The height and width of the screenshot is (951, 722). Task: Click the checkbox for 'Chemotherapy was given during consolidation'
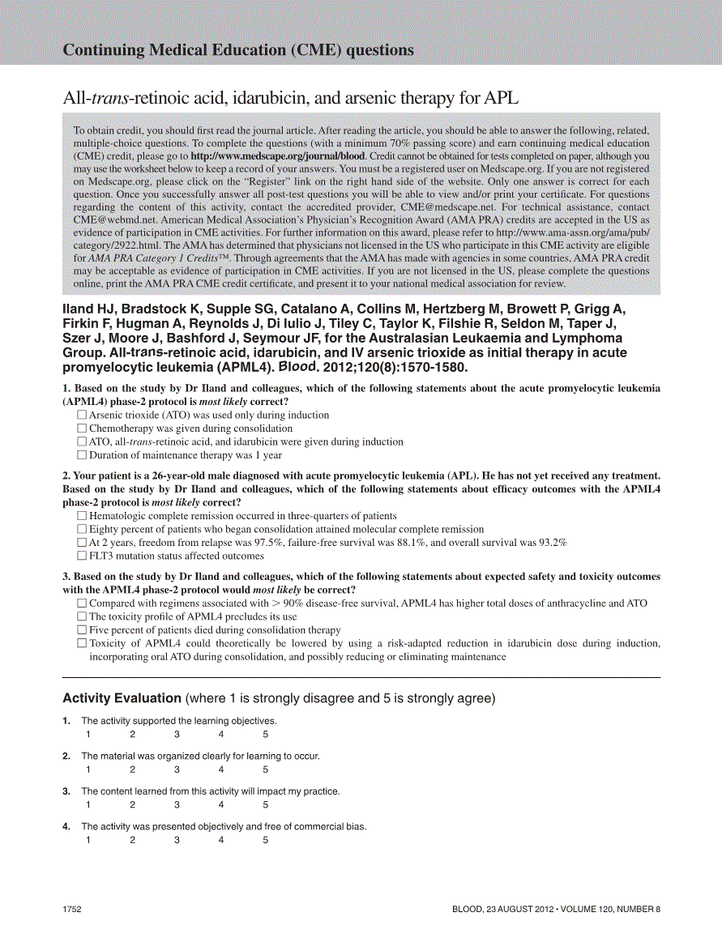[81, 429]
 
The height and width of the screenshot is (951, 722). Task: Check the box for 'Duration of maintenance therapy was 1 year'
[81, 455]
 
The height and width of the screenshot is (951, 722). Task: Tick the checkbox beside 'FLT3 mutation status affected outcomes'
[81, 556]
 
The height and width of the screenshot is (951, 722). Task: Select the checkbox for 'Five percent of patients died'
[81, 629]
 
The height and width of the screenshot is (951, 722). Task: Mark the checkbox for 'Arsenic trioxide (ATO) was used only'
[81, 415]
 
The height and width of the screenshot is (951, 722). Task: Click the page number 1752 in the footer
[73, 910]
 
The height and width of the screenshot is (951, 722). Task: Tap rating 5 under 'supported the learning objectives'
[265, 735]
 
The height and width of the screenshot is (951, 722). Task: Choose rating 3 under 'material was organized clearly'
[177, 770]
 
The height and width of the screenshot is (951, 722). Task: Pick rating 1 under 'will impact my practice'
[88, 805]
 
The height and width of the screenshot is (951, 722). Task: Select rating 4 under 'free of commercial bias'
[220, 840]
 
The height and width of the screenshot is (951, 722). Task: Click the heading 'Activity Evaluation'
[122, 698]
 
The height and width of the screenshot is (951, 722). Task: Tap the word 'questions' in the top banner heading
[380, 50]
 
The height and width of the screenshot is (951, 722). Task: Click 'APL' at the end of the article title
[501, 99]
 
